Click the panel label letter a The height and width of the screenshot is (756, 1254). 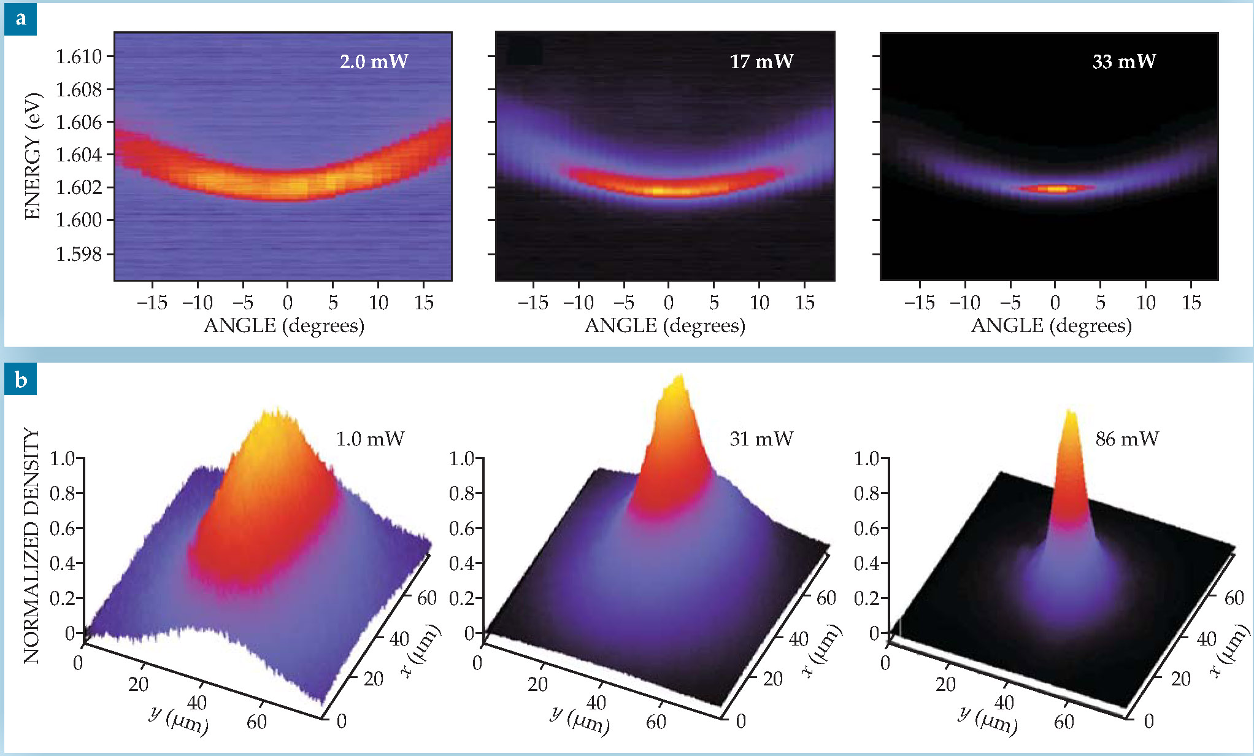(x=21, y=19)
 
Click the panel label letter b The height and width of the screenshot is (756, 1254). (x=21, y=380)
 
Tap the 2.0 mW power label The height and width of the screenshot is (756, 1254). (x=374, y=61)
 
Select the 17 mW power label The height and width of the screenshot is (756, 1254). (x=761, y=61)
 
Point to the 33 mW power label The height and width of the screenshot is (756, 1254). (x=1123, y=61)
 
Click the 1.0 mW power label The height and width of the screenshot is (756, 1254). (x=370, y=439)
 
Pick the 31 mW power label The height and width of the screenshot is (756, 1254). (x=761, y=439)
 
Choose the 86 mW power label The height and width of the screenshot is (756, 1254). (x=1126, y=439)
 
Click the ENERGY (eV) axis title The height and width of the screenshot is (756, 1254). (x=33, y=156)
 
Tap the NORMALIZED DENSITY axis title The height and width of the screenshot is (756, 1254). (x=32, y=546)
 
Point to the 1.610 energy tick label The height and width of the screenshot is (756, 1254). (x=79, y=56)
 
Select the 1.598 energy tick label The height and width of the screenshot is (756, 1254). (x=79, y=253)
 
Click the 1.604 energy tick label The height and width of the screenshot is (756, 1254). (x=79, y=155)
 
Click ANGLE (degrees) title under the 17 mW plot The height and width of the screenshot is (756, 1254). (x=664, y=325)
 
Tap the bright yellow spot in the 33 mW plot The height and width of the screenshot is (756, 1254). (x=1056, y=188)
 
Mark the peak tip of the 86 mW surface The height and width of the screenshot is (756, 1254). (x=1071, y=411)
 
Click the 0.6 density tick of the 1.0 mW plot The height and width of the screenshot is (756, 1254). (x=62, y=528)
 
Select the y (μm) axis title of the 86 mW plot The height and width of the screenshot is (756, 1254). (x=988, y=720)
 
